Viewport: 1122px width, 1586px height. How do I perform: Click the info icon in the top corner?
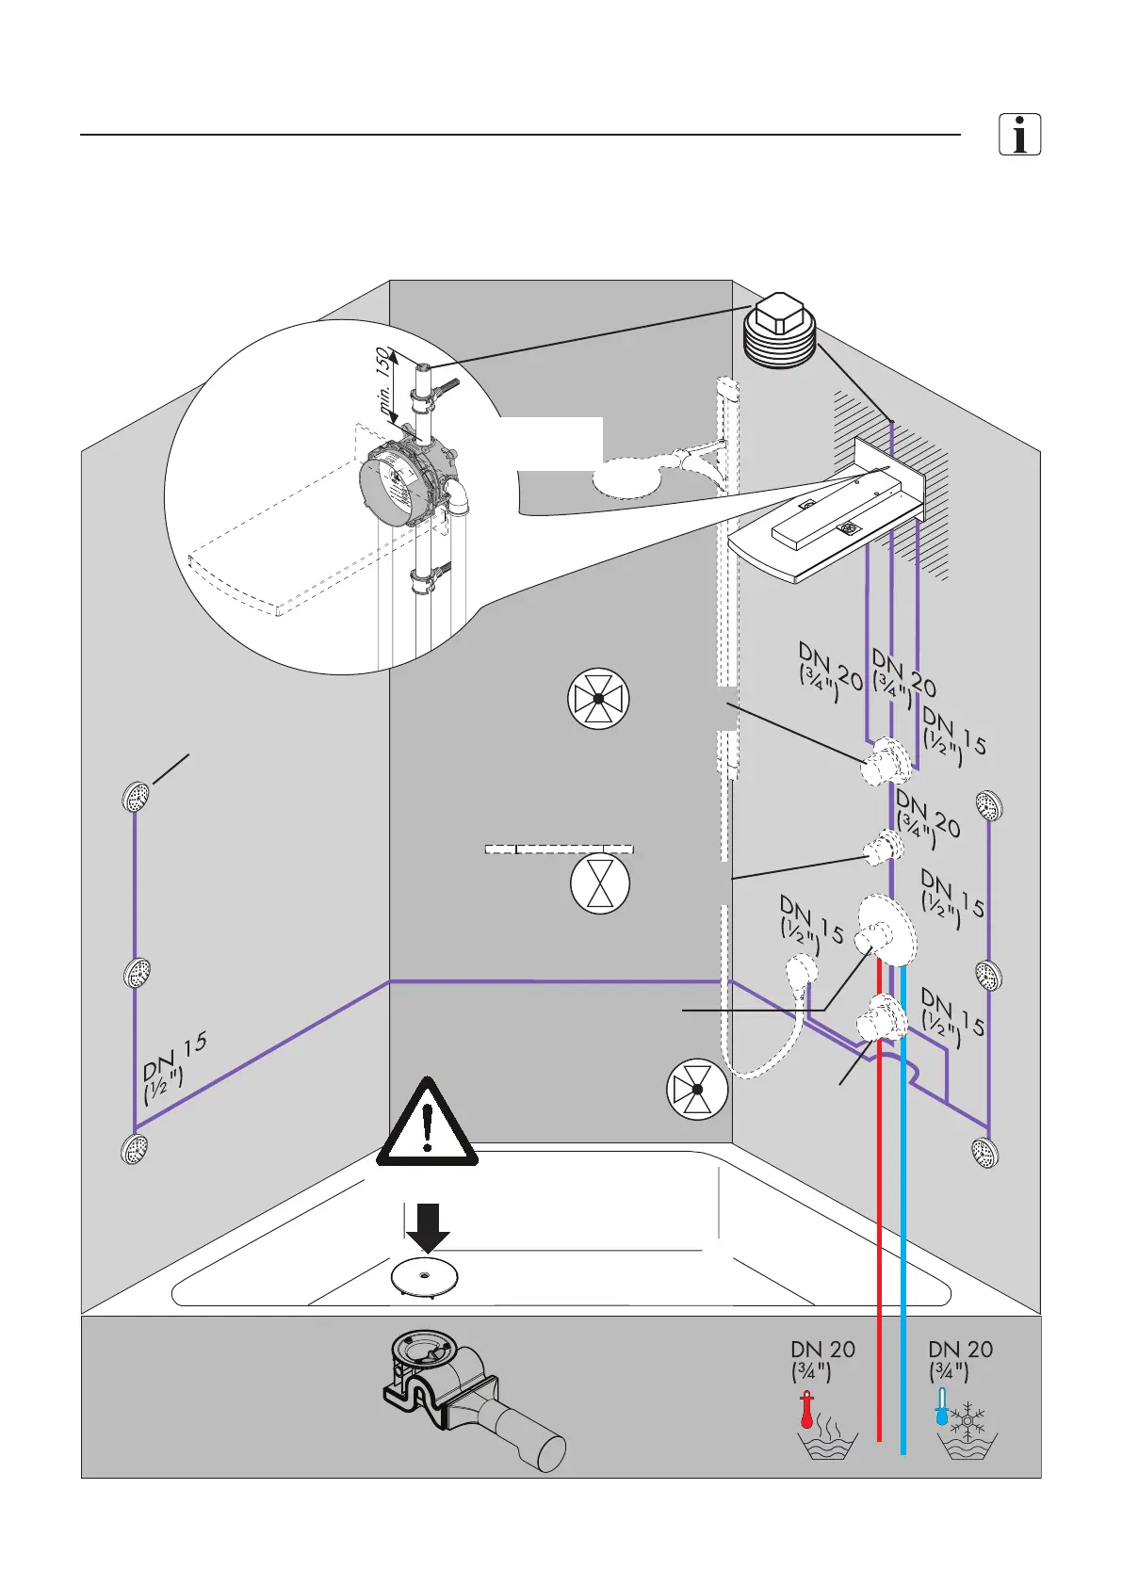[1019, 135]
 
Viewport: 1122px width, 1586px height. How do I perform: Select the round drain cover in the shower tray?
[425, 1277]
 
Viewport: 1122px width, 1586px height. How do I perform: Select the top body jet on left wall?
[138, 798]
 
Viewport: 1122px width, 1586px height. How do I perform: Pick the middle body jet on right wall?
[987, 976]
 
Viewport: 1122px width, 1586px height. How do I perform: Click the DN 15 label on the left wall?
[174, 1066]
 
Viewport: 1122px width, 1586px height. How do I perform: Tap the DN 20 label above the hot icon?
[822, 1358]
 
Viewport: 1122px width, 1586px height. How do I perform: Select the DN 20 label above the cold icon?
[960, 1358]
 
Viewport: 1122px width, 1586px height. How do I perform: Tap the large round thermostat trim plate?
[886, 927]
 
